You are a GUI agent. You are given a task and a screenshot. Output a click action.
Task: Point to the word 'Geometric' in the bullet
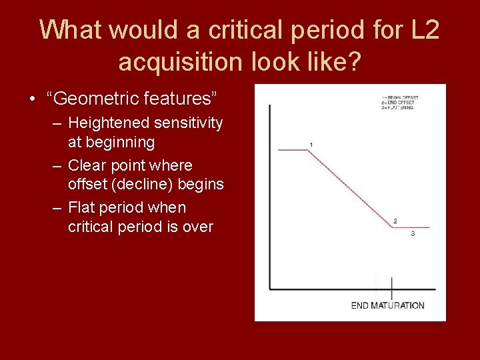[x=85, y=99]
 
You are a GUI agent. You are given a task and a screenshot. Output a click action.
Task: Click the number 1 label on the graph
[x=311, y=145]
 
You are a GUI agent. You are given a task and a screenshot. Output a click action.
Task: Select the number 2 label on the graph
[x=395, y=221]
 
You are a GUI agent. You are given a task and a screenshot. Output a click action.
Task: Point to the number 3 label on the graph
[x=413, y=234]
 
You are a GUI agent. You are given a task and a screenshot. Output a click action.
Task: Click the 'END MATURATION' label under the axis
[x=387, y=305]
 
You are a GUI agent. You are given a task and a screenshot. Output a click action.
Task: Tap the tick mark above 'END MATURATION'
[x=391, y=287]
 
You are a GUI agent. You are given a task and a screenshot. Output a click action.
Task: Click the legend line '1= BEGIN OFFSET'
[x=400, y=97]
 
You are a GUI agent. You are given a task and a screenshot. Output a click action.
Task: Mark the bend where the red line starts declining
[x=307, y=151]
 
